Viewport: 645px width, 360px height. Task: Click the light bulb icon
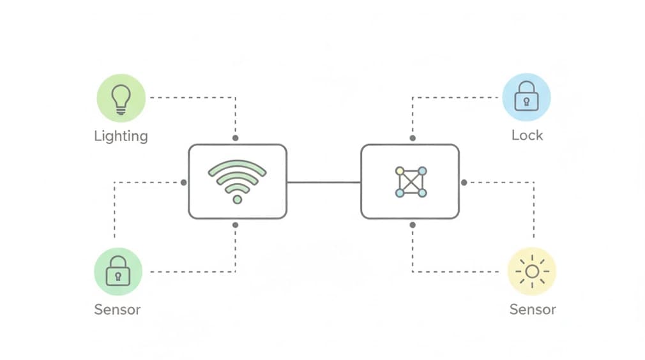121,98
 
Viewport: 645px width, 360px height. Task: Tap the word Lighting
121,136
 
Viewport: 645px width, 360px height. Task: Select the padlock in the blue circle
527,98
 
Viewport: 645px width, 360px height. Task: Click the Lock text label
527,135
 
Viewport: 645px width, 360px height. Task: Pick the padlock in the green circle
118,272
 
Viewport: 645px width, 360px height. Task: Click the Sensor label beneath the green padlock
117,310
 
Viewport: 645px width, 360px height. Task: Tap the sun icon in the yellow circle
532,272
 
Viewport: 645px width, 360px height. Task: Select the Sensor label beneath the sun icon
533,310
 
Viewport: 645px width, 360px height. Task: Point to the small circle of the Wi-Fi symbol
238,200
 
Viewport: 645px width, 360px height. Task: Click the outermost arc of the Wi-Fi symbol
238,164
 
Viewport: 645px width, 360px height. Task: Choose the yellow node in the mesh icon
400,171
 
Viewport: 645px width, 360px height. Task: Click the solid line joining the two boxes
324,183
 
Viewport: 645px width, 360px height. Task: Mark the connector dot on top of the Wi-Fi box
236,138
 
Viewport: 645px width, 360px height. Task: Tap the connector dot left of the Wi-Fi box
184,183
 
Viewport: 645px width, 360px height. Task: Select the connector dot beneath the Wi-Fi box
236,225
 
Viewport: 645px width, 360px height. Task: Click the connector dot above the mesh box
413,138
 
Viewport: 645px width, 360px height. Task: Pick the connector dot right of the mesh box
464,183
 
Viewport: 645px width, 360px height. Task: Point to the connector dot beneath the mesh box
413,225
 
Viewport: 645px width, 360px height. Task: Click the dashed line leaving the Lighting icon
192,98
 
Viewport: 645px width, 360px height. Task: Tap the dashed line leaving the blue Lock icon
455,98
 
